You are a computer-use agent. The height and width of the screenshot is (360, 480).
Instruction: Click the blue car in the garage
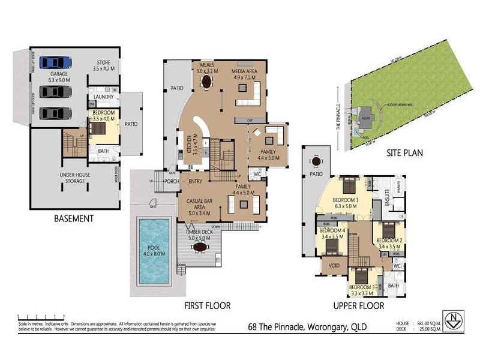coord(55,62)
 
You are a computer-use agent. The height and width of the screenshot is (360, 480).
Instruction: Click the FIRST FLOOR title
coord(208,305)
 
